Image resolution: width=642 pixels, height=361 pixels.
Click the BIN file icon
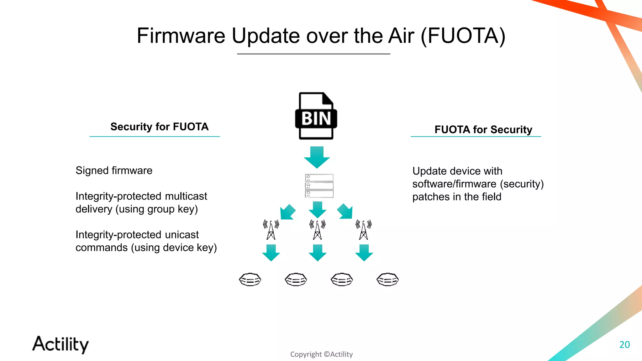(316, 116)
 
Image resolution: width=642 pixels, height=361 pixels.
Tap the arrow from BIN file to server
(317, 157)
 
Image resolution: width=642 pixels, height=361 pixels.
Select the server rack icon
(319, 186)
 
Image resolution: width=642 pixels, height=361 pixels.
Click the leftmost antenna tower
(271, 230)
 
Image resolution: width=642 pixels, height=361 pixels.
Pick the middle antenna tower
(317, 230)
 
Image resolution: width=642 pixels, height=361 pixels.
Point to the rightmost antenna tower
(364, 230)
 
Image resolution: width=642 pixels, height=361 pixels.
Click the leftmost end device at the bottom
(250, 280)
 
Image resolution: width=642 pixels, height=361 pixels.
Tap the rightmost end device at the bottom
(387, 280)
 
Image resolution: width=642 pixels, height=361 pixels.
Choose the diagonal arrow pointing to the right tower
(345, 212)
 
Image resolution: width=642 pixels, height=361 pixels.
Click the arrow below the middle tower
(318, 253)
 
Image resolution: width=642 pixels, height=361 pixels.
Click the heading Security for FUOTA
(159, 127)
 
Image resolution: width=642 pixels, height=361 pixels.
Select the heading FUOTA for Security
(483, 129)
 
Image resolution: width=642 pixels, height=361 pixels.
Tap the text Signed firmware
(114, 170)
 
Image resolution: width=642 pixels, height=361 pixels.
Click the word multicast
(186, 196)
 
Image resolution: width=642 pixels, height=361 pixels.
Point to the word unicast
(182, 235)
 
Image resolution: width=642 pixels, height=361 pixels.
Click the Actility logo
(61, 344)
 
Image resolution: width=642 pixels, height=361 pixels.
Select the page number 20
(624, 344)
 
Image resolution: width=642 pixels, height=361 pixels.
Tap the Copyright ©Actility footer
(321, 354)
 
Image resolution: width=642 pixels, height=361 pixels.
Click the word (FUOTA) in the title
(463, 36)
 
